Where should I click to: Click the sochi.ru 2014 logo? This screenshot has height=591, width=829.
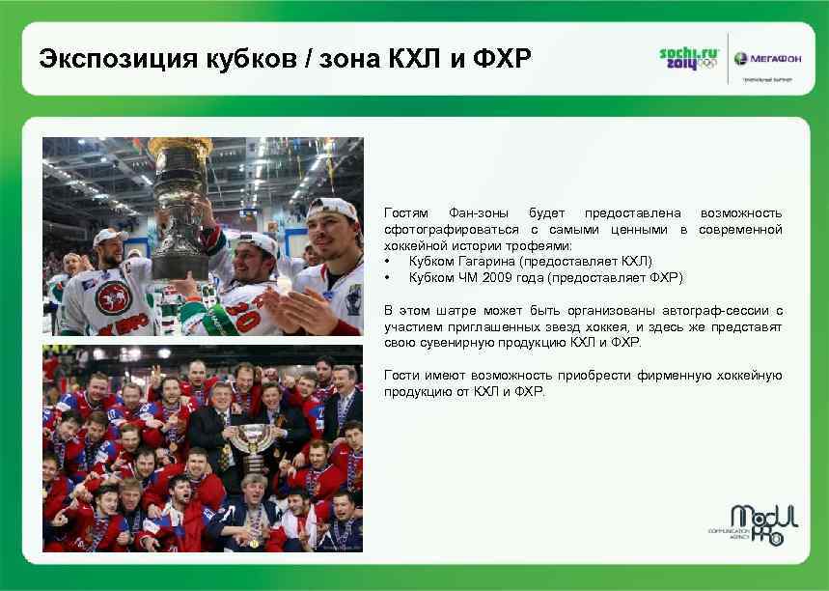(688, 58)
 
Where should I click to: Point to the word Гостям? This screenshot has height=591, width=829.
(407, 212)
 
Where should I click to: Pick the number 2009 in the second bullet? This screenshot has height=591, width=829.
(510, 278)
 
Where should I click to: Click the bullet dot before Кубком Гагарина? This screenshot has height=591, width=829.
(387, 262)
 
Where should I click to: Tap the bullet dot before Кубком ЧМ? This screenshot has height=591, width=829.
(387, 278)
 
